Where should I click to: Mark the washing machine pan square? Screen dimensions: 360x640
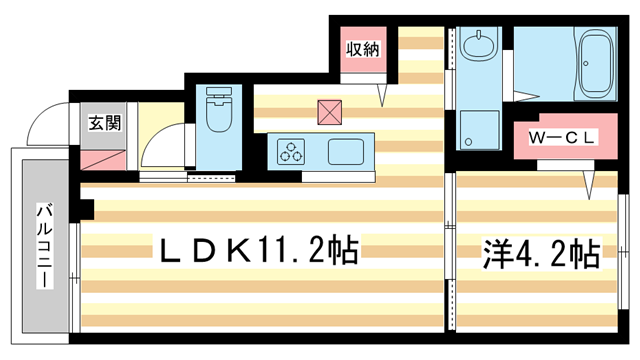pos(481,128)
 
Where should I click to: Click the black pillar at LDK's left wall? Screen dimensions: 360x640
pos(86,210)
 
